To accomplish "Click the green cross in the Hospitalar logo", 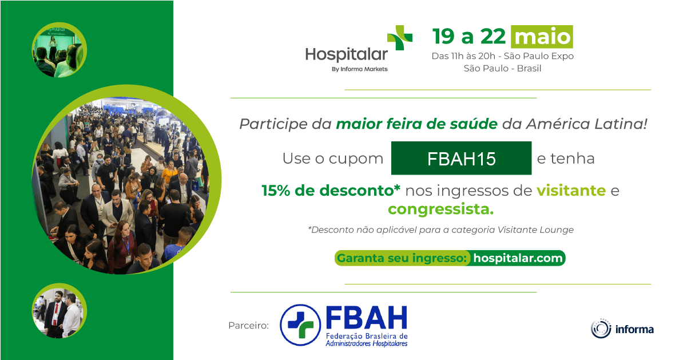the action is tap(400, 37).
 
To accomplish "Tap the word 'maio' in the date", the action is tap(542, 37).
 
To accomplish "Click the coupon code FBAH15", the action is tap(461, 159).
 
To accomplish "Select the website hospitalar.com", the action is tap(518, 258).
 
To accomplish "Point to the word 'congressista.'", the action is tap(440, 209).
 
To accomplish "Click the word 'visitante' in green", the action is tap(571, 191).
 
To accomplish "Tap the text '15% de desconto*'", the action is tap(331, 191).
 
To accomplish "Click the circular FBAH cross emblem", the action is tap(300, 325).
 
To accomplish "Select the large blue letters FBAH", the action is tap(367, 318).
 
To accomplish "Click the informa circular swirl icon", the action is tap(601, 329).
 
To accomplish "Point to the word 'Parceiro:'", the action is tap(248, 325).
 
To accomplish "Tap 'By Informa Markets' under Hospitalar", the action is tap(359, 69).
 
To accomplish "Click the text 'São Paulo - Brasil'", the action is tap(502, 68).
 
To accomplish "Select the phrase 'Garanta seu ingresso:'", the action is tap(402, 258).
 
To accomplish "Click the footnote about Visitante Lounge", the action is tap(440, 230).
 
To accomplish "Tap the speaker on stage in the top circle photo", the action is tap(53, 47).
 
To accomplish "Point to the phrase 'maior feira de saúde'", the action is tap(416, 124).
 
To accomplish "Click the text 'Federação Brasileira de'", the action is tap(367, 336).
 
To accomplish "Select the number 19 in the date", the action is tap(443, 37).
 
